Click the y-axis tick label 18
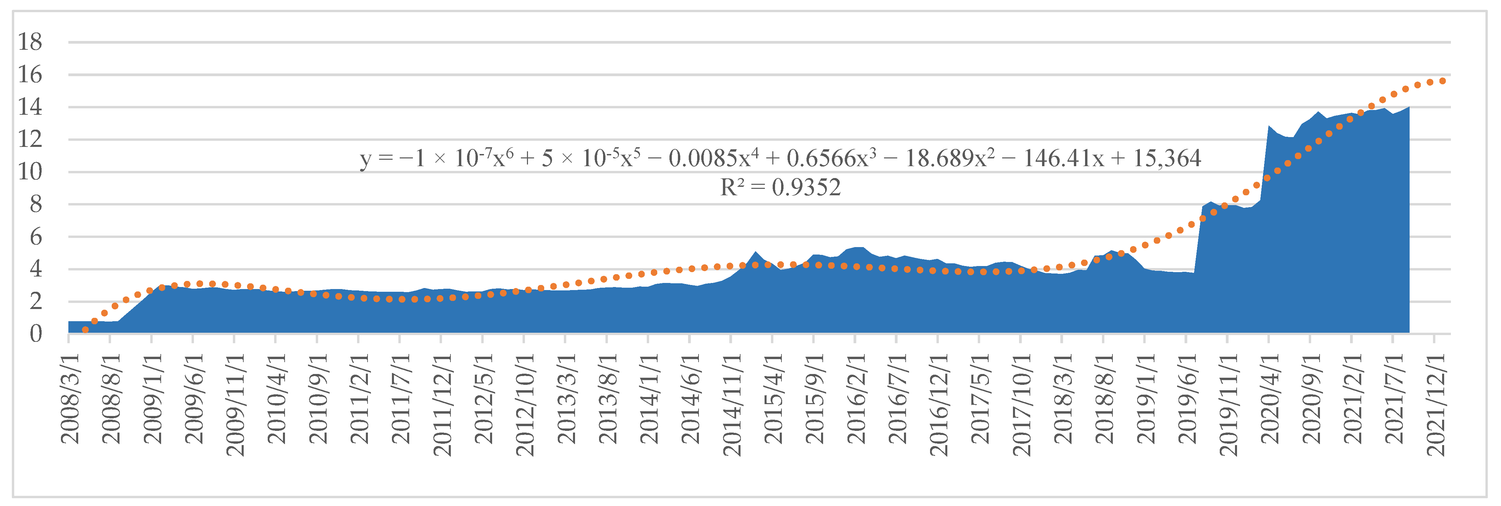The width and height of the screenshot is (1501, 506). tap(30, 42)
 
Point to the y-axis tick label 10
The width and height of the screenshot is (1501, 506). tap(30, 172)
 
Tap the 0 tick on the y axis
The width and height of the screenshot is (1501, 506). tap(36, 334)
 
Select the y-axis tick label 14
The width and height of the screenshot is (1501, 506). tap(30, 107)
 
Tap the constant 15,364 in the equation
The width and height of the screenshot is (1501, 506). tap(1167, 158)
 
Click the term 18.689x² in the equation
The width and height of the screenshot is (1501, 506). tap(950, 158)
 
